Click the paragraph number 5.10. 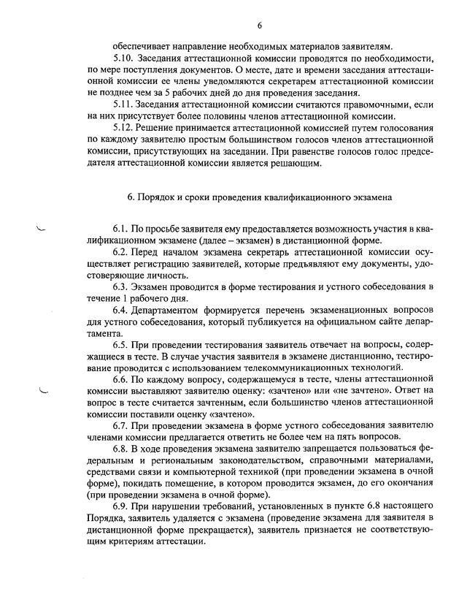pyautogui.click(x=123, y=58)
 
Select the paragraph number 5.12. pyautogui.click(x=123, y=127)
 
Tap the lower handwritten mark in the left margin pyautogui.click(x=43, y=392)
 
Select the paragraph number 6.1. pyautogui.click(x=121, y=231)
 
